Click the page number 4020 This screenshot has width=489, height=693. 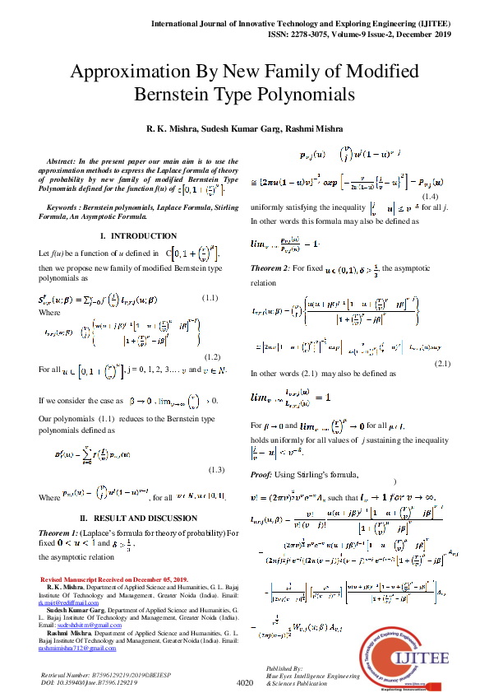pyautogui.click(x=244, y=682)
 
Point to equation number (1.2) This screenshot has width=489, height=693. pyautogui.click(x=212, y=358)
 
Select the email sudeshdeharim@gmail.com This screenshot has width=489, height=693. pyautogui.click(x=78, y=602)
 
